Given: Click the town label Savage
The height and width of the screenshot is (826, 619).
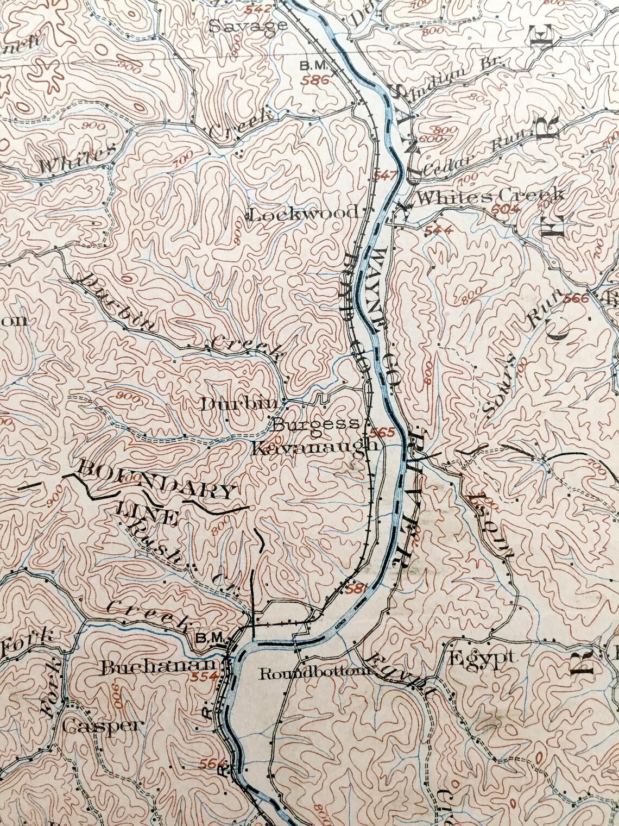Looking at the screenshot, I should (x=248, y=26).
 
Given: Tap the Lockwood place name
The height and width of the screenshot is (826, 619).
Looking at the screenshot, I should (x=304, y=212).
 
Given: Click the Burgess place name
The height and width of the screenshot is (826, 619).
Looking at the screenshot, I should (x=315, y=424).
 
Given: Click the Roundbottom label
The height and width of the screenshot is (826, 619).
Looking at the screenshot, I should (x=314, y=674).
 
